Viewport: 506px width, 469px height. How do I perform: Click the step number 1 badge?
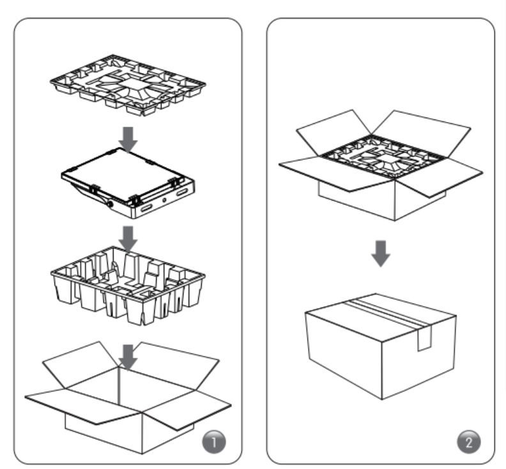pos(214,442)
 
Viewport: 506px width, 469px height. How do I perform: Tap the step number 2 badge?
pos(469,442)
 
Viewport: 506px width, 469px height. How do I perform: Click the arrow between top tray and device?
pos(128,139)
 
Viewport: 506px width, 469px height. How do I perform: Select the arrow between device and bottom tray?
pos(128,238)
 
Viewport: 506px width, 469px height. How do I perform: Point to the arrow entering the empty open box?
pos(128,357)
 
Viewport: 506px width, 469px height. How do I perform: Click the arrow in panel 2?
pos(381,254)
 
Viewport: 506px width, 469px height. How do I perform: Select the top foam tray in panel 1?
pos(128,85)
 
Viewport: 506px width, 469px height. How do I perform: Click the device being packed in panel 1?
pos(128,183)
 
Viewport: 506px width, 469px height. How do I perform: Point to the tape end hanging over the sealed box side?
pos(425,337)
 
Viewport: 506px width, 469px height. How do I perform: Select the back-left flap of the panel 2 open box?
pos(333,132)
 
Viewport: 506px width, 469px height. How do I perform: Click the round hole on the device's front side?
pos(164,201)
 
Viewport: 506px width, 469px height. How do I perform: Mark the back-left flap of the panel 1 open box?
pos(80,364)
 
